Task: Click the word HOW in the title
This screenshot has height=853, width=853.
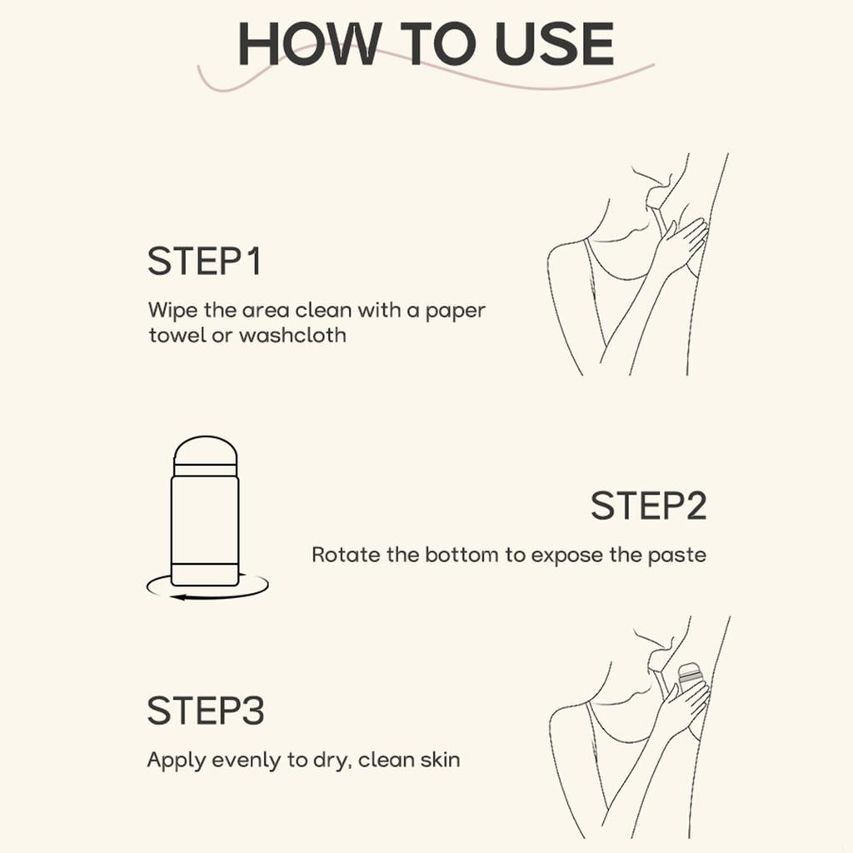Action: [x=308, y=44]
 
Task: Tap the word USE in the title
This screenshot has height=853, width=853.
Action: [x=554, y=44]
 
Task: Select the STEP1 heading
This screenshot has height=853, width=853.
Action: [x=204, y=261]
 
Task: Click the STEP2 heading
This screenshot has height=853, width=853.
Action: [x=648, y=506]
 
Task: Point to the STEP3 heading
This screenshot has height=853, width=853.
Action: [x=206, y=711]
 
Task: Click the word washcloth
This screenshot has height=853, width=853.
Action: [x=292, y=335]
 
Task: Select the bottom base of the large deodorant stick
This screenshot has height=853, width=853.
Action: [x=205, y=575]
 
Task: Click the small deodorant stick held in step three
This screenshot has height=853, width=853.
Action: [x=689, y=678]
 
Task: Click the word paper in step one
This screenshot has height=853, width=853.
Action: [x=456, y=312]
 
